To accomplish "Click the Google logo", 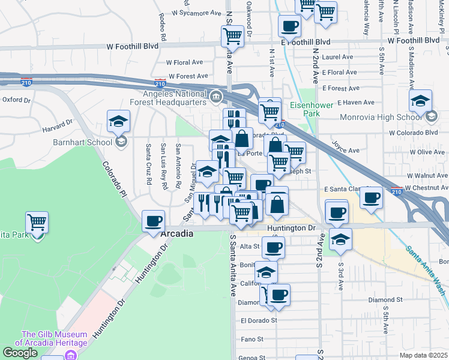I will pos(20,353).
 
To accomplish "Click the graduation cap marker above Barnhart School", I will pos(119,121).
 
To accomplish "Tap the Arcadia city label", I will pos(177,234).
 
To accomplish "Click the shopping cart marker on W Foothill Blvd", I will pos(232,36).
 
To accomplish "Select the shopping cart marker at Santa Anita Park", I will pos(37,223).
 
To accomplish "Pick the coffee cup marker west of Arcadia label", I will pos(154,220).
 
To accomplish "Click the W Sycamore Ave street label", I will pos(197,13).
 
